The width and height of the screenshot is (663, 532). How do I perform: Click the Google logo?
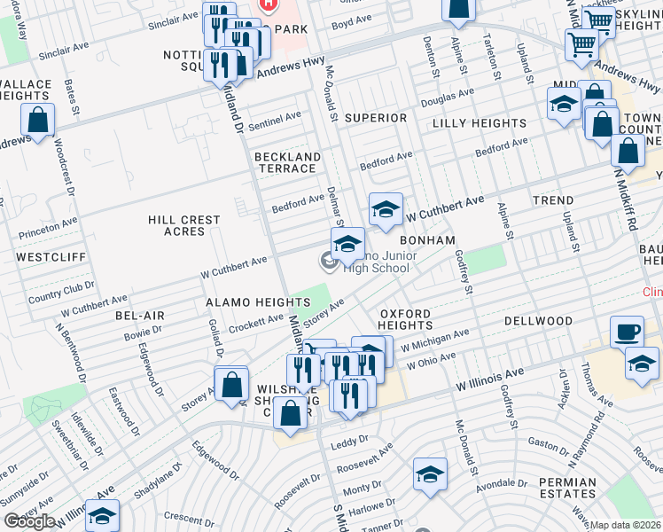click(x=30, y=521)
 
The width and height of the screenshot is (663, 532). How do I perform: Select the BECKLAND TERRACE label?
click(x=287, y=162)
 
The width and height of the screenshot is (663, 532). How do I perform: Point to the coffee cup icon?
click(x=628, y=331)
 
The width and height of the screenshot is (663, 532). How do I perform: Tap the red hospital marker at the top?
click(x=267, y=5)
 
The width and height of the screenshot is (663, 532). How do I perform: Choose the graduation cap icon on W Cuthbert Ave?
click(x=386, y=210)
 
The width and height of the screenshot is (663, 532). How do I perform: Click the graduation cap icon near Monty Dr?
click(x=430, y=476)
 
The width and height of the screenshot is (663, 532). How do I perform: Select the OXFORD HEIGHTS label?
click(x=405, y=319)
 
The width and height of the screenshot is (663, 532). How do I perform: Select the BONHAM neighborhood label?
click(x=427, y=240)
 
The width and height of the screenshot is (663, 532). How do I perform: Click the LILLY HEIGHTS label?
click(x=480, y=123)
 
